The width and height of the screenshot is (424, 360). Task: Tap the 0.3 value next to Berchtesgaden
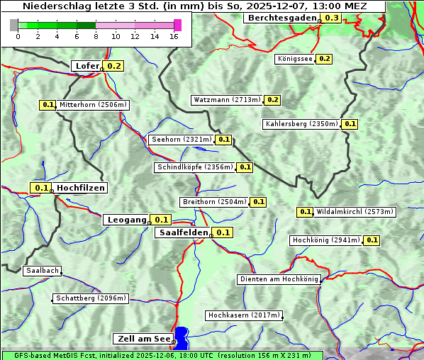(x=331, y=18)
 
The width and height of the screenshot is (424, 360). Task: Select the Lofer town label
(x=87, y=66)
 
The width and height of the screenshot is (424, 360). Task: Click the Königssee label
(x=294, y=59)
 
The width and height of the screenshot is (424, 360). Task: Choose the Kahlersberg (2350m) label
(x=301, y=124)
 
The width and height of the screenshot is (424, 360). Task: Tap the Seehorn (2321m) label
(x=181, y=140)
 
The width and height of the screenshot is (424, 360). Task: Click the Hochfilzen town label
(x=80, y=188)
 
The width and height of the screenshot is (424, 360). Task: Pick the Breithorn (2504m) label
(x=213, y=202)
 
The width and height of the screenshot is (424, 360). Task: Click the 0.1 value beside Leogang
(x=162, y=220)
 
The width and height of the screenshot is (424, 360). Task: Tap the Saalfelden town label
(x=183, y=232)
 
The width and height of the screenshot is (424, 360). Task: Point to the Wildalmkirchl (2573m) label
(x=355, y=212)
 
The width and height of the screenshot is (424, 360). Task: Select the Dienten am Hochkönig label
(x=279, y=279)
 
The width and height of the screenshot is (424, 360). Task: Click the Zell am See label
(x=143, y=339)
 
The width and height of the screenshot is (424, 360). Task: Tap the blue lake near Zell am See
(x=182, y=337)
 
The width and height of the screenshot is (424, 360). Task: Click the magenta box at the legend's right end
(x=177, y=25)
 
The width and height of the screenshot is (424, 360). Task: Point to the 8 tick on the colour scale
(x=96, y=35)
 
